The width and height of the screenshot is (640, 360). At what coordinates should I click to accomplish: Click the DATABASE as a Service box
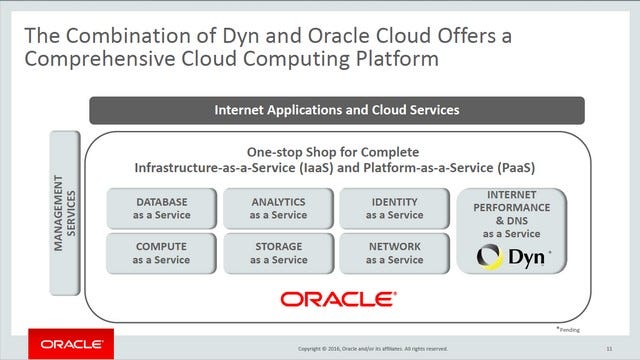coord(162,208)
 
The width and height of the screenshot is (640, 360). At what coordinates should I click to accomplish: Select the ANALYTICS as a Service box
coord(278,208)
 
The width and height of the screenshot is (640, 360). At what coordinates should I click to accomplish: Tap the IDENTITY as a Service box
coord(394,208)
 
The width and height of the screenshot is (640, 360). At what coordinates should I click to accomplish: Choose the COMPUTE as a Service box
coord(162,253)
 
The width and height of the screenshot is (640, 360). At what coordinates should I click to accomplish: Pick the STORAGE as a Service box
coord(278,253)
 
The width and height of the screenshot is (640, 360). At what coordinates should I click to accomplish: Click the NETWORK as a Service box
coord(394,253)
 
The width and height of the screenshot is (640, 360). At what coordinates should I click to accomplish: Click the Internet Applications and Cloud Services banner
coord(336,110)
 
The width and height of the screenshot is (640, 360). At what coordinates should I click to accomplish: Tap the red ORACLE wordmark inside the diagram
coord(336,298)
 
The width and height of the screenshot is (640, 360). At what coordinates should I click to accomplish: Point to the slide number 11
coord(609,348)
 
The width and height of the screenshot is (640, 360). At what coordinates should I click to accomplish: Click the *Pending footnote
coord(567,328)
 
